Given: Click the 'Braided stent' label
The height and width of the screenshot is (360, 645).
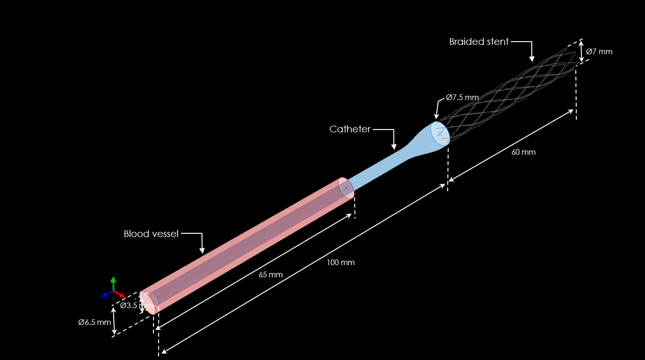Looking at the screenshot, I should click(x=478, y=42).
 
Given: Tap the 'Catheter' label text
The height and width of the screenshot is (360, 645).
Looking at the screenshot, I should click(x=350, y=129).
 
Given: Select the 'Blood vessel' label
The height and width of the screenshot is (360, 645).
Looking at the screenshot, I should click(x=151, y=234).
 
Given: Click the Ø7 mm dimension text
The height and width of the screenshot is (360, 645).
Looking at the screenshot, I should click(x=599, y=51).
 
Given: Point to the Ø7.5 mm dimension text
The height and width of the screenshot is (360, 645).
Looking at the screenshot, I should click(x=462, y=98).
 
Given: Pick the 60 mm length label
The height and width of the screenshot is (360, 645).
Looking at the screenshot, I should click(x=523, y=152).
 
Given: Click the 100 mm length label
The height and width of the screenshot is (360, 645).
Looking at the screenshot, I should click(x=341, y=262).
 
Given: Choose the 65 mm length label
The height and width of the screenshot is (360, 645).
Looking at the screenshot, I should click(x=271, y=274).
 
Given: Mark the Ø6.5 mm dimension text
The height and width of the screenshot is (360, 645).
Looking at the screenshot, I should click(x=95, y=322).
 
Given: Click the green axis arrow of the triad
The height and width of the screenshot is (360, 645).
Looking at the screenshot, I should click(x=113, y=282).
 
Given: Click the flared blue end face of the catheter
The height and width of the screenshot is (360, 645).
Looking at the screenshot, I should click(x=440, y=134).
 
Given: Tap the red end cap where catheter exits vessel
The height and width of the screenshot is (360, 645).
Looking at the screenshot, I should click(x=346, y=188).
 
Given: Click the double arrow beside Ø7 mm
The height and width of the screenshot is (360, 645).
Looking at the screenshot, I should click(x=582, y=51).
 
